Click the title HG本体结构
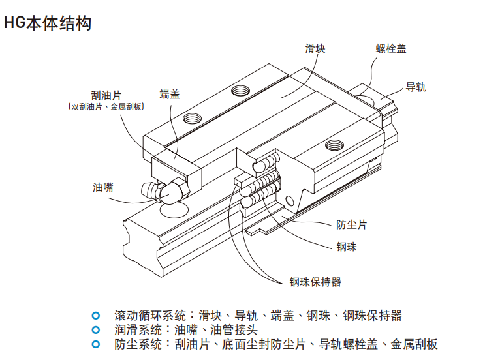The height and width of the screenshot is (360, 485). pos(48,23)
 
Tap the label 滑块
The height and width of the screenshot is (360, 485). pos(315,48)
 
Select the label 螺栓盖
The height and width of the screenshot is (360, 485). pos(391,48)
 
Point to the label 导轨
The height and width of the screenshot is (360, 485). pos(416,87)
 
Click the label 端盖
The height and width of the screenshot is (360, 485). pos(170,94)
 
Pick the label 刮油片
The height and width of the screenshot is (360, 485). pos(106,95)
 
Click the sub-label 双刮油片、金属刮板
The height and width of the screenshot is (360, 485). pos(106,106)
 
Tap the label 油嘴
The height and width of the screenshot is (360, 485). pos(103,187)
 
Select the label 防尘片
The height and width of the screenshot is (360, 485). pos(351,224)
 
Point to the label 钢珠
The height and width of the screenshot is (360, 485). pos(347,247)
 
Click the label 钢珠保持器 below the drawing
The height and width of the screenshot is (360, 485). pos(315,282)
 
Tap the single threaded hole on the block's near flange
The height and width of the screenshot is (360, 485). pos(334,145)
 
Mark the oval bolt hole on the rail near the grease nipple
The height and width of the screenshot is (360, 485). pos(174,210)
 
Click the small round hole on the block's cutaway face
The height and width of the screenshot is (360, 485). pos(290,201)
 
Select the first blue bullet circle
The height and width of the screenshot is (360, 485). pos(96,316)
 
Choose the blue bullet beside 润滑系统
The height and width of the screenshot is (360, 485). pos(96,330)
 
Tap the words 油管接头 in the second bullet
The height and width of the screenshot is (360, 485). pos(234,330)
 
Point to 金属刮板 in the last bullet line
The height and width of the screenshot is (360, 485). pos(414,344)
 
